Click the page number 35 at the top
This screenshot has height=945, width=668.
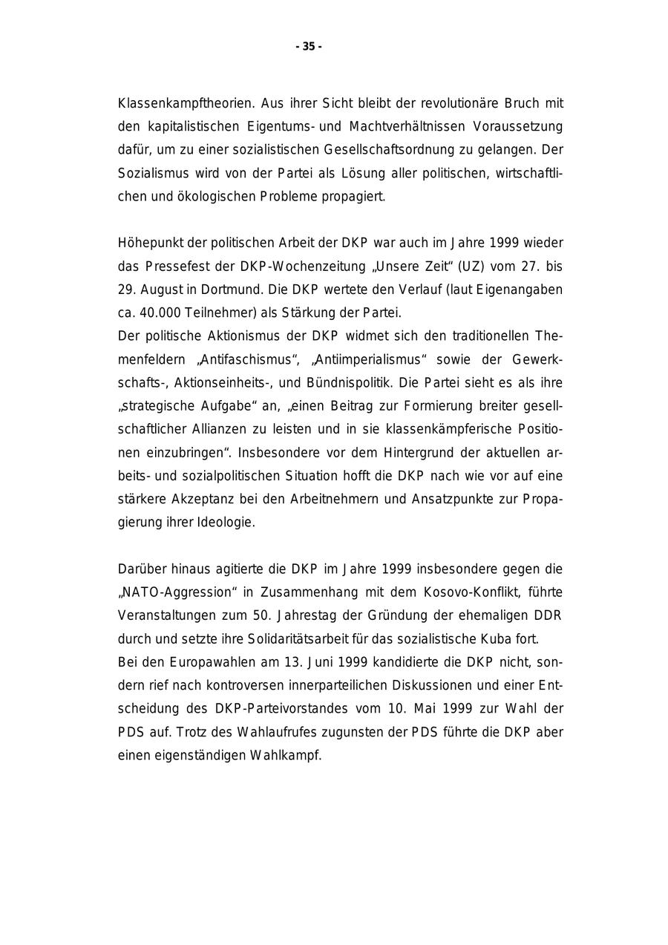309,47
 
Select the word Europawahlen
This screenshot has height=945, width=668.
203,662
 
